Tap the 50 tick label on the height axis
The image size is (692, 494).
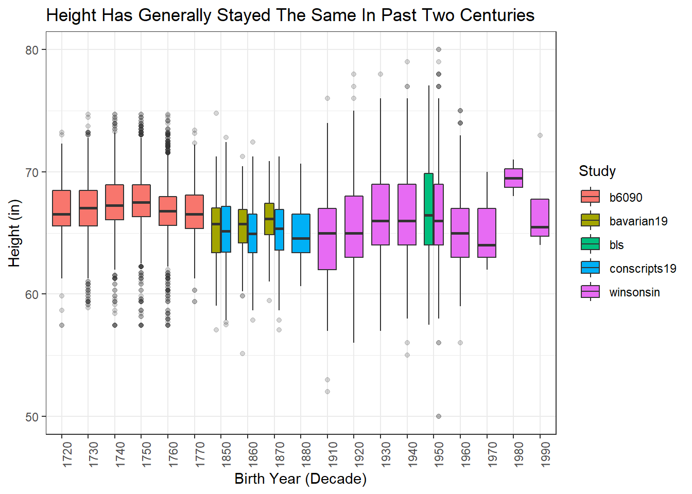point(32,417)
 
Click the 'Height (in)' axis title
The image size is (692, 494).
point(14,233)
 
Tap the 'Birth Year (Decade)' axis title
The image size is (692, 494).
point(300,479)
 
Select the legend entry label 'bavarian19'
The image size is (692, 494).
point(638,221)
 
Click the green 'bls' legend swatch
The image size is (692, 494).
point(590,244)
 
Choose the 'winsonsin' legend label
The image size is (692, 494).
point(634,292)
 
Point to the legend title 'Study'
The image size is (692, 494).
point(597,171)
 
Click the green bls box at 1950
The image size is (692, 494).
point(428,209)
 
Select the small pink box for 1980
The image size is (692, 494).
point(513,178)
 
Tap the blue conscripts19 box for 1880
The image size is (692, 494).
point(301,233)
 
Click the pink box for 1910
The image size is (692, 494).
point(327,239)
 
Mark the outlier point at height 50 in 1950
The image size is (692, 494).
point(439,416)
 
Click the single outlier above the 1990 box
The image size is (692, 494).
point(540,135)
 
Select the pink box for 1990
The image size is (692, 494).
point(540,218)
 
